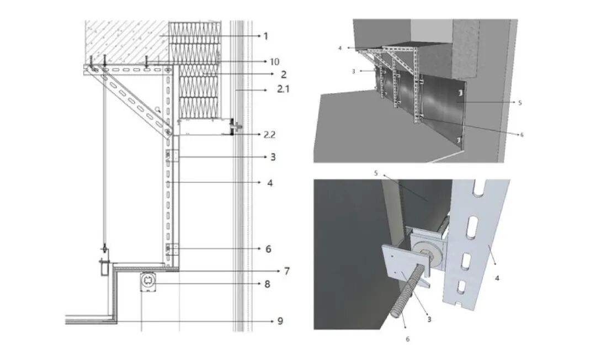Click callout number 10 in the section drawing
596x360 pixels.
coord(274,62)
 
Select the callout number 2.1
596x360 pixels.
coord(283,89)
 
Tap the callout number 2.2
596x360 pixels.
coord(269,135)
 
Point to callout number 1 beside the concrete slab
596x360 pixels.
coord(265,36)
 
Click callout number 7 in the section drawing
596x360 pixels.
coord(286,271)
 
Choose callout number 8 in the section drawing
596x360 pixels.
coord(268,284)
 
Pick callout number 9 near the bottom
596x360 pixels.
coord(280,321)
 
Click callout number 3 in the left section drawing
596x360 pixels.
coord(273,157)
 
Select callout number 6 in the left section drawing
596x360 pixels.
coord(268,249)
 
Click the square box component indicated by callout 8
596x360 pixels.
coord(148,282)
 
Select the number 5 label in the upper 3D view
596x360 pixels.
coord(520,103)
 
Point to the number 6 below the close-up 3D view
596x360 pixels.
coord(407,339)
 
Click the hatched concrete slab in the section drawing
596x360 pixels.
coord(127,41)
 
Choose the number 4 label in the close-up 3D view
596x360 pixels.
coord(497,278)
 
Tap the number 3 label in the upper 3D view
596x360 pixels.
coord(354,71)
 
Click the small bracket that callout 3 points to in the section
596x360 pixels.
coord(172,156)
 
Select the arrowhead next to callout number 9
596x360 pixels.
coord(272,321)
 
